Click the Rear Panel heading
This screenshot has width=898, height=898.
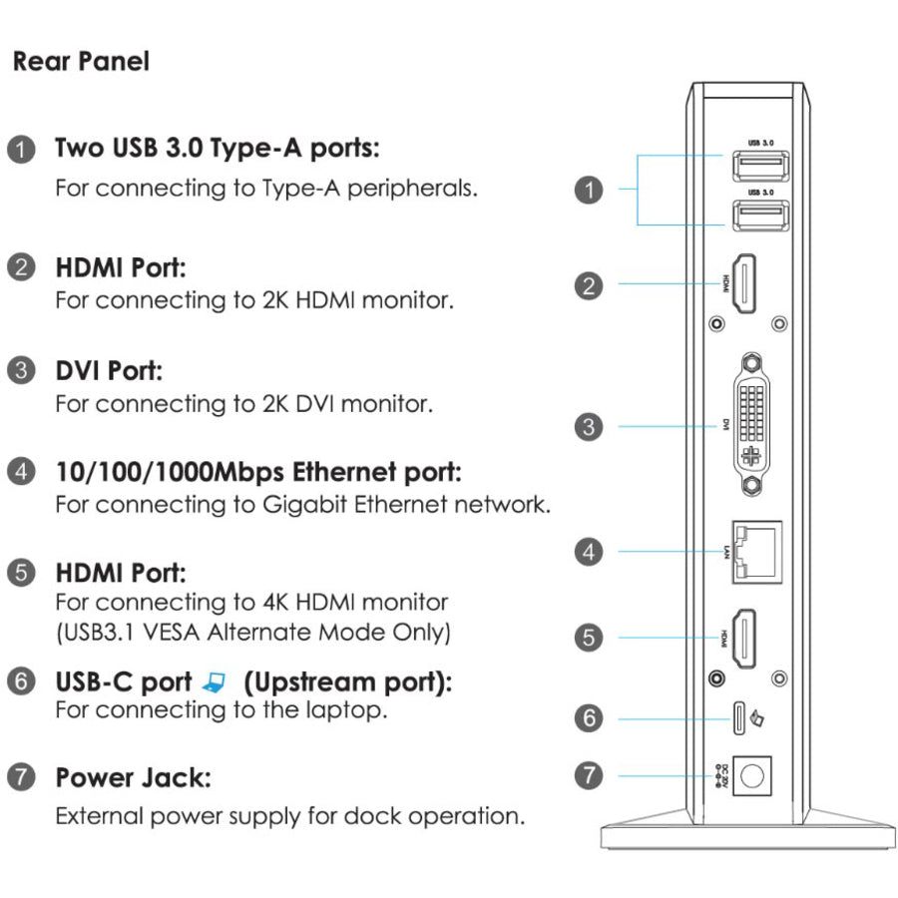(x=81, y=62)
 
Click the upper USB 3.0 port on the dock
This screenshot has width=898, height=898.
(x=761, y=165)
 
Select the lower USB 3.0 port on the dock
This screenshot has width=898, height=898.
(x=761, y=218)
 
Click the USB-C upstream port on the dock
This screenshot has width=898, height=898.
(x=740, y=716)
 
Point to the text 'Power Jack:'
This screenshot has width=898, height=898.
(x=133, y=777)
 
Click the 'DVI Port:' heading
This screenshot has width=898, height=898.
(x=109, y=371)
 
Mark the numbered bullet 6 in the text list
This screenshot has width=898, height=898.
(x=20, y=682)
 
